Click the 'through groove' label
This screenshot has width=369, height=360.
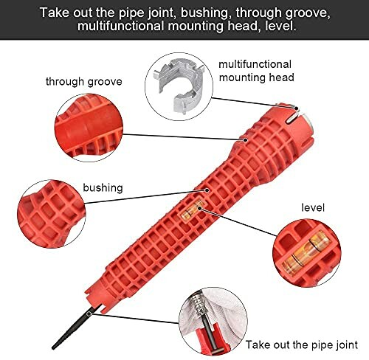point(84,82)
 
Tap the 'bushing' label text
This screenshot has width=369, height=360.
point(103,188)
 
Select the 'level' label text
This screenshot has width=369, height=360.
point(313,207)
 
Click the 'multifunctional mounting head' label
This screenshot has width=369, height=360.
point(256,71)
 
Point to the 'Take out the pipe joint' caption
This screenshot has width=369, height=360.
point(302,345)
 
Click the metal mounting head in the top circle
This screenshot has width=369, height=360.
point(179,85)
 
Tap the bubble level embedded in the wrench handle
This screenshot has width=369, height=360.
point(193,210)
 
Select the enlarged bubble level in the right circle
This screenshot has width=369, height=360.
point(306,253)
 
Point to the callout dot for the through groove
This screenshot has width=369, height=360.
point(245,140)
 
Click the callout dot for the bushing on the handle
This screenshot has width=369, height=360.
point(207,190)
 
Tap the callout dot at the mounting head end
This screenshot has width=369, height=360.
point(297,108)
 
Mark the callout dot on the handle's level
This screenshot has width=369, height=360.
point(200,209)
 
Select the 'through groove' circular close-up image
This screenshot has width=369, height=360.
point(89,128)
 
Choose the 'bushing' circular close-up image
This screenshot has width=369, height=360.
point(51,214)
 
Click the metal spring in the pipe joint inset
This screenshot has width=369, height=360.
point(199,305)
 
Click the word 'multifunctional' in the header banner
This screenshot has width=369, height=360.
point(120,26)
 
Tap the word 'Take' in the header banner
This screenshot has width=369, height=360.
point(55,13)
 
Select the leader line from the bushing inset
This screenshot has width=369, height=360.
point(145,197)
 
